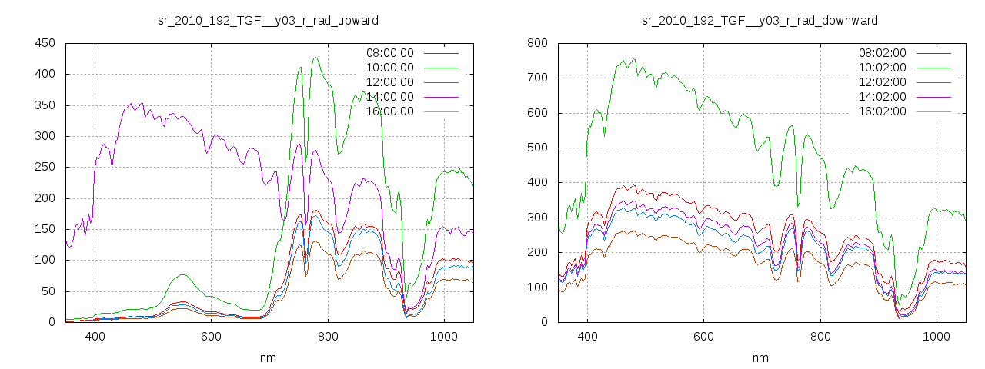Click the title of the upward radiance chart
click(x=268, y=20)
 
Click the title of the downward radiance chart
click(x=760, y=20)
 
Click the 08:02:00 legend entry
click(x=882, y=53)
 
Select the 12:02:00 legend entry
click(x=882, y=82)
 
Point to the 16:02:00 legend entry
click(x=882, y=111)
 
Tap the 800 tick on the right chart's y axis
click(x=537, y=43)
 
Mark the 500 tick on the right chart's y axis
click(x=537, y=148)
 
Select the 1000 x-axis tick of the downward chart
click(x=936, y=336)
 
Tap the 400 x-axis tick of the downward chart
click(x=587, y=336)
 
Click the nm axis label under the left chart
click(x=268, y=357)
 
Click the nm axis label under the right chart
click(x=760, y=357)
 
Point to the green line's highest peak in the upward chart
click(x=316, y=58)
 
